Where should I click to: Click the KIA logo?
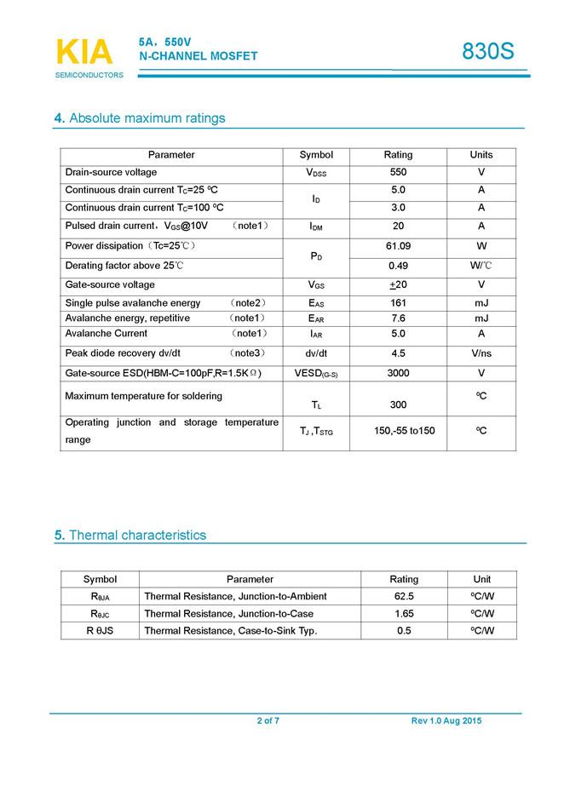coord(84,52)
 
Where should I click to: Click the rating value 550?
coord(398,172)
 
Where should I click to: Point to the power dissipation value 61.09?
coord(398,246)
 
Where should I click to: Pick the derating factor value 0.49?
coord(398,266)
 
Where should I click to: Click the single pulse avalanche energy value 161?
coord(398,303)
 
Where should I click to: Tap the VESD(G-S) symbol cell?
coord(316,373)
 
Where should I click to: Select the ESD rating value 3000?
coord(398,373)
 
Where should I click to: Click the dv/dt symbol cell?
coord(316,353)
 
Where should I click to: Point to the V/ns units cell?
coord(481,353)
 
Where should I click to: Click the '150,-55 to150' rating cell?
coord(405,431)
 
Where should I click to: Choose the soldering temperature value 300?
coord(398,404)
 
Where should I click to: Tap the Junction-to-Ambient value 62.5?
coord(404,596)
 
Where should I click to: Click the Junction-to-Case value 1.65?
coord(404,613)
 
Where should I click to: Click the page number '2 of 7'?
coord(268,721)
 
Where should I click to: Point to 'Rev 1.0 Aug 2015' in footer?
coord(446,721)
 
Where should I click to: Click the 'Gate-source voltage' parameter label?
coord(110,284)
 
